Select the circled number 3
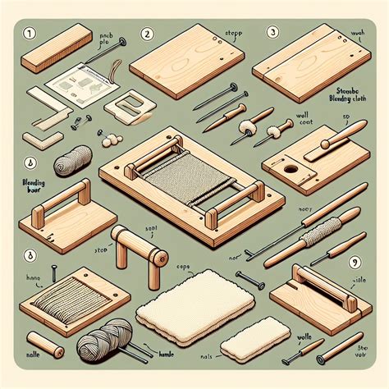click(x=272, y=33)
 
